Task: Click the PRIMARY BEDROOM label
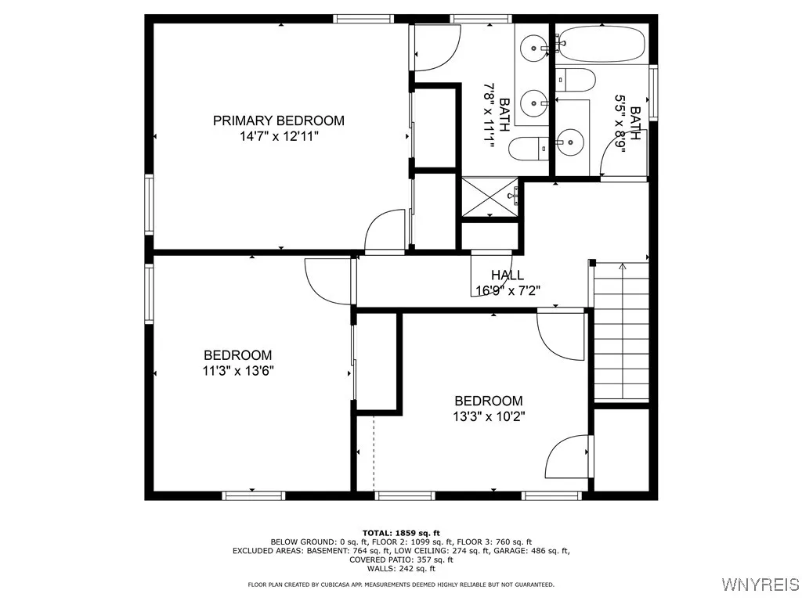coord(279,121)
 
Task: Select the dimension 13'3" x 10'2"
coord(489,416)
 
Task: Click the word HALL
coord(508,275)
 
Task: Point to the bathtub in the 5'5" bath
coord(601,45)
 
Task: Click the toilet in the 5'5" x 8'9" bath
coord(576,80)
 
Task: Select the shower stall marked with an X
coord(490,198)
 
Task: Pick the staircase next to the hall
coord(622,333)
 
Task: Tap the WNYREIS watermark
coord(760,585)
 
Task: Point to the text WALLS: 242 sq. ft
coord(400,569)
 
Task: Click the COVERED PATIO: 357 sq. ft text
coord(400,560)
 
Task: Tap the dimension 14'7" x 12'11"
coord(279,136)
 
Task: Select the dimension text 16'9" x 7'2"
coord(508,290)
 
